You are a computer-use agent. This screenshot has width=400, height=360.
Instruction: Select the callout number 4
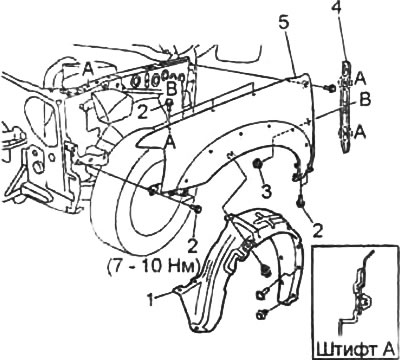pos(336,8)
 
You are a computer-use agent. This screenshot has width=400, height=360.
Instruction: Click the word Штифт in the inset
pos(343,351)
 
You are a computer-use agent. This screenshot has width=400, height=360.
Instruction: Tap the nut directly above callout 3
pos(258,164)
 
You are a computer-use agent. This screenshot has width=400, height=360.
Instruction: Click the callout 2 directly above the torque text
pos(192,246)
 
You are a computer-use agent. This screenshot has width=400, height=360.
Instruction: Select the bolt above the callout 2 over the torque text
pos(197,209)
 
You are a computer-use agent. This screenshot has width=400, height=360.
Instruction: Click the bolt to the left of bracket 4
pos(330,88)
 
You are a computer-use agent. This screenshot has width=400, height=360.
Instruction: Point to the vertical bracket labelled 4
pos(346,107)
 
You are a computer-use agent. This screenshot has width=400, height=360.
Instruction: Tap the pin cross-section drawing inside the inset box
pos(357,293)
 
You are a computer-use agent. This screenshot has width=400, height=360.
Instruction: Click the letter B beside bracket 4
pos(366,100)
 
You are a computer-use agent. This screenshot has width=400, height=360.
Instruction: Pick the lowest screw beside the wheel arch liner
pos(262,314)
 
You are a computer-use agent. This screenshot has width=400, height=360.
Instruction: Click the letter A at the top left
pos(87,69)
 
